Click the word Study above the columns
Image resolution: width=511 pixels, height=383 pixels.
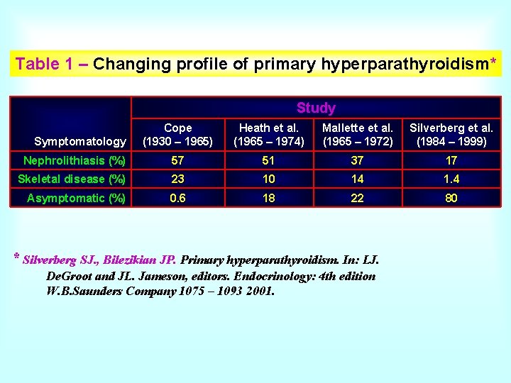[316, 108]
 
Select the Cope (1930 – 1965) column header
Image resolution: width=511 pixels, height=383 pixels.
[177, 135]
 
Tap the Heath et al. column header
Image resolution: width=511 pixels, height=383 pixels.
[268, 135]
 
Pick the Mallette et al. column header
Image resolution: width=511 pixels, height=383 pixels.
[357, 135]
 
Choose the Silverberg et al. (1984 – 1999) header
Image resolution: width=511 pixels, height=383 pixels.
[451, 135]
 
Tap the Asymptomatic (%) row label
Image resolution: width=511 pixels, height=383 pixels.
[76, 198]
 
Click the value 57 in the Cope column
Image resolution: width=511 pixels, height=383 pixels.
[177, 161]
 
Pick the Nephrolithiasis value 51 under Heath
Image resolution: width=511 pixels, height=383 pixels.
[268, 161]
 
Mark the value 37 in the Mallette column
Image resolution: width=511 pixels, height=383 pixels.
[357, 161]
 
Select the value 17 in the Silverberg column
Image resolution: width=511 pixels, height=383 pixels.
[451, 161]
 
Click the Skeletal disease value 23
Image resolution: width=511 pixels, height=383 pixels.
[177, 179]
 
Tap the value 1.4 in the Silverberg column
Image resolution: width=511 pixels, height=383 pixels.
[451, 179]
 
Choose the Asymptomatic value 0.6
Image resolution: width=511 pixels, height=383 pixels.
[177, 198]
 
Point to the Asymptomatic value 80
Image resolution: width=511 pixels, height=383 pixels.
[451, 198]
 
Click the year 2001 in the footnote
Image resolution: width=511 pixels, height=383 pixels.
[258, 291]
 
